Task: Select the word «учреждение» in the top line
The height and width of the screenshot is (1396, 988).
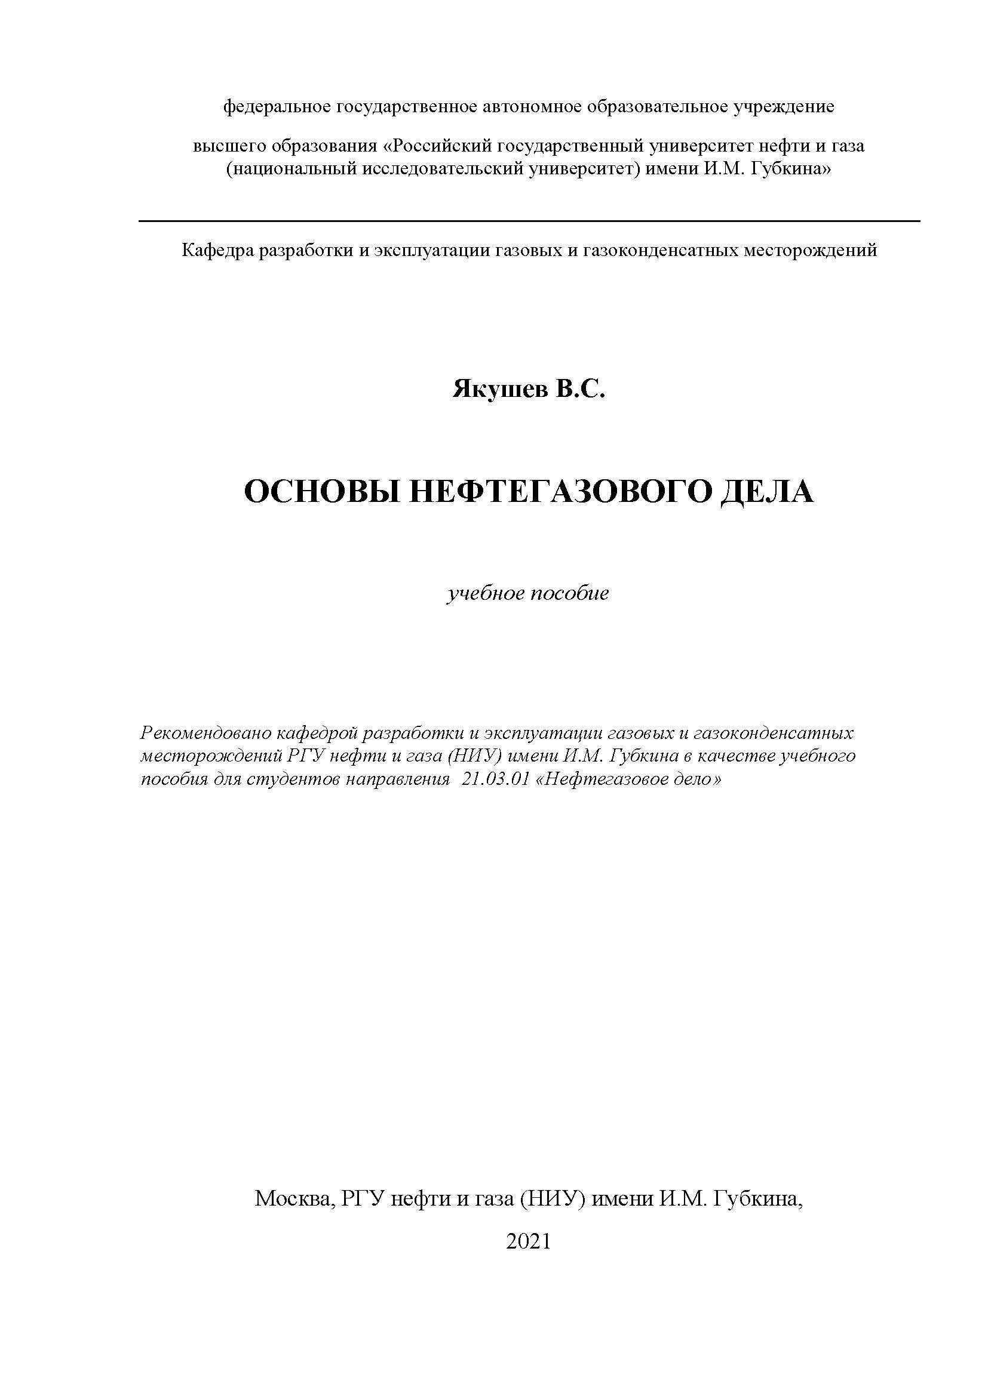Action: pyautogui.click(x=784, y=107)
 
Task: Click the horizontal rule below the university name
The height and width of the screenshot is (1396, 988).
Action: pyautogui.click(x=529, y=221)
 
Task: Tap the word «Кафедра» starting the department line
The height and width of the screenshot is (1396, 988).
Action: pyautogui.click(x=217, y=250)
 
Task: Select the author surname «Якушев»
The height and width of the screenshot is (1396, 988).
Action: pyautogui.click(x=499, y=390)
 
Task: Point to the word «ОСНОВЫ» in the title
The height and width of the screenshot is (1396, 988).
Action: pyautogui.click(x=322, y=492)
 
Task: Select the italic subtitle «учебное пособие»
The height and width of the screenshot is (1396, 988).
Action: pyautogui.click(x=528, y=593)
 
